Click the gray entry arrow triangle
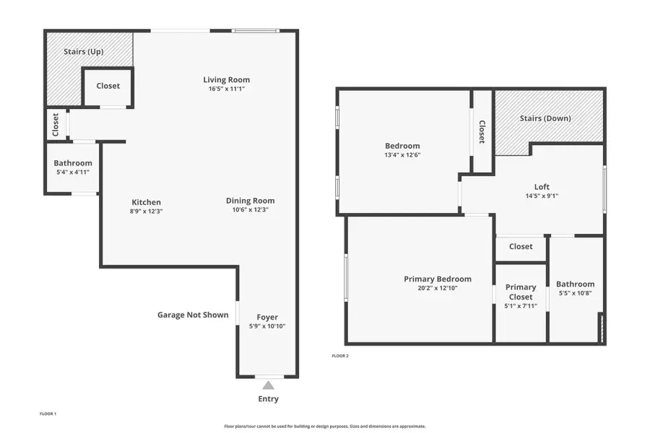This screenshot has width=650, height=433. tap(268, 385)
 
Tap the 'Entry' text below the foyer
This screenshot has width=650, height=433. tap(268, 399)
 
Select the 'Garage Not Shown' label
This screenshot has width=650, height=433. tap(193, 315)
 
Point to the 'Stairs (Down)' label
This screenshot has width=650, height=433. tap(545, 118)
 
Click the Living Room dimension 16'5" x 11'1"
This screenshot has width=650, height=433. tap(226, 89)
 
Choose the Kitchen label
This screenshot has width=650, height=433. tap(146, 202)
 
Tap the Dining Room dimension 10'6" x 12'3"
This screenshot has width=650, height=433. tap(250, 210)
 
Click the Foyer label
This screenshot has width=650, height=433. tap(267, 318)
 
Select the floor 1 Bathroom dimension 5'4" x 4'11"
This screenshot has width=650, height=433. tap(73, 172)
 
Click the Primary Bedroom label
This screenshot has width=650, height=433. tap(437, 279)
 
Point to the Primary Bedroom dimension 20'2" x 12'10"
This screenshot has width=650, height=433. tap(437, 288)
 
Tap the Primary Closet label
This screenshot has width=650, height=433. tap(521, 292)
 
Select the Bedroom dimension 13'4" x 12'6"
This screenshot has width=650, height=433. tap(402, 154)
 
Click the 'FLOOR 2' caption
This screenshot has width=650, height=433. tap(340, 356)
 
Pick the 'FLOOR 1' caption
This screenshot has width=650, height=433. tap(48, 414)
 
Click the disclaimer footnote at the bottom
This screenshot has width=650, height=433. tap(325, 426)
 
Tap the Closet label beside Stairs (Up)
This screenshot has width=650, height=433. tap(108, 86)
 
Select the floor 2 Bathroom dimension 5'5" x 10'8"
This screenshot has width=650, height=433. tap(575, 293)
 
